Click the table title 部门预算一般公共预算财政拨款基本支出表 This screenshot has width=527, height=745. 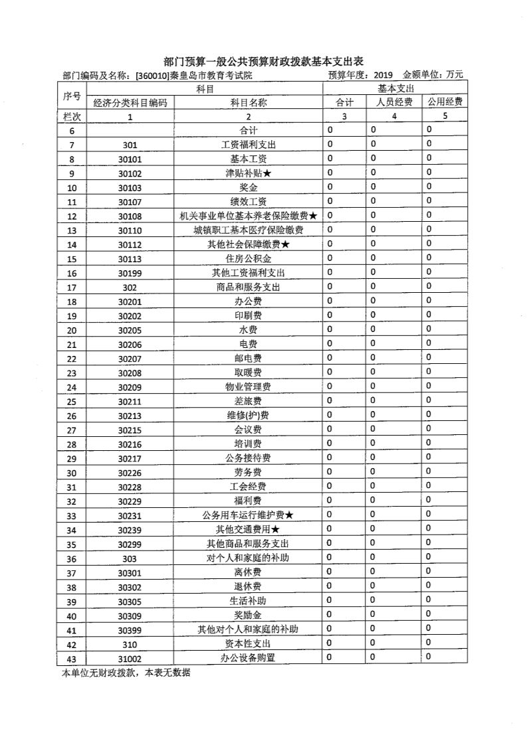[x=264, y=61]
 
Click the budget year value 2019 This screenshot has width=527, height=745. [x=383, y=75]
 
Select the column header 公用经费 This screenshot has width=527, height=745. [x=445, y=102]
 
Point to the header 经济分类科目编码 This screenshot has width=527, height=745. [x=130, y=102]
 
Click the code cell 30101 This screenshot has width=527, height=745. [x=130, y=159]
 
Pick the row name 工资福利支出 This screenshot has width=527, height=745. [x=248, y=145]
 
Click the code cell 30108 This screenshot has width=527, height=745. [x=130, y=216]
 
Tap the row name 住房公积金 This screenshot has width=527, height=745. [x=248, y=259]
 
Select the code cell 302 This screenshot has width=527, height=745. [x=130, y=288]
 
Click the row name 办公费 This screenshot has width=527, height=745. [x=248, y=301]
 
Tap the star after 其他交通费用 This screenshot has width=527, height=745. [x=276, y=530]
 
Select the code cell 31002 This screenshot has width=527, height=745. [x=130, y=658]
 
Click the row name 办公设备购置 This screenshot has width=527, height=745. [x=248, y=658]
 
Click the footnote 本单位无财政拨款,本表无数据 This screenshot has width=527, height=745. [x=126, y=673]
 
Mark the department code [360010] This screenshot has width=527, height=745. [x=152, y=75]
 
